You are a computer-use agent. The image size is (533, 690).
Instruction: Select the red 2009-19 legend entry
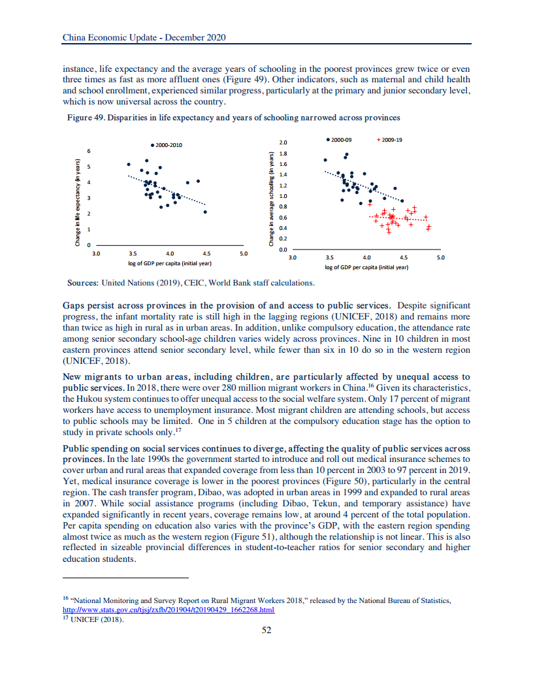[x=390, y=140]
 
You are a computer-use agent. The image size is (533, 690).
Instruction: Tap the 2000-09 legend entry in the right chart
[x=338, y=140]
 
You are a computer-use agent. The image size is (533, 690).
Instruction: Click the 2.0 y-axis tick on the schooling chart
[x=283, y=142]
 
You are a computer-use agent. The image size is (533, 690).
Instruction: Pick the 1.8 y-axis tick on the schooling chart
[x=283, y=153]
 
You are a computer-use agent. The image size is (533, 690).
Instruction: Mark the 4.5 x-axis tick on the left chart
[x=206, y=252]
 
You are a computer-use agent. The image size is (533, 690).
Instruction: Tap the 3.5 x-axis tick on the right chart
[x=329, y=257]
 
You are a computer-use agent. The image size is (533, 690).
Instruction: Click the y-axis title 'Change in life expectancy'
[x=78, y=203]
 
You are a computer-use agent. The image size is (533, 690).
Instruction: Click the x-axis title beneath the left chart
[x=170, y=263]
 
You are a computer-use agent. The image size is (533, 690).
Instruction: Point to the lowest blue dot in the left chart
[x=205, y=212]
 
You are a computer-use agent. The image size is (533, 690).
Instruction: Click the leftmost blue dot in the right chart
[x=325, y=160]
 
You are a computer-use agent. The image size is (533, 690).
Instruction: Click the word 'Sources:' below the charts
[x=83, y=283]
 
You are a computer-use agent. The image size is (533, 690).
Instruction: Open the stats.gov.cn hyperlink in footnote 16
[x=168, y=610]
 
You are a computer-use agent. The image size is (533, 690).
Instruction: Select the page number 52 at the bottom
[x=266, y=630]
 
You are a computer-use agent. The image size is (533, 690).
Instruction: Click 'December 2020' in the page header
[x=195, y=38]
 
